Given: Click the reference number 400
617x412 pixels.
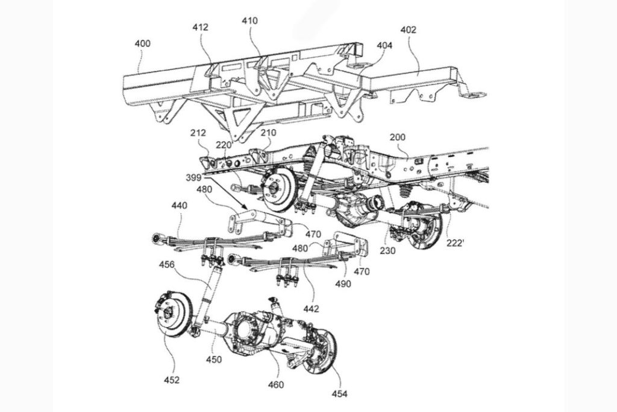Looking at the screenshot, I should click(x=143, y=43).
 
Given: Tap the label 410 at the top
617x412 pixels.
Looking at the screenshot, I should click(x=249, y=21).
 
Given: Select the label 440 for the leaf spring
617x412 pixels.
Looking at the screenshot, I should click(x=180, y=206).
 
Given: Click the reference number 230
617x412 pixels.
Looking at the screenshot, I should click(x=387, y=250).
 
